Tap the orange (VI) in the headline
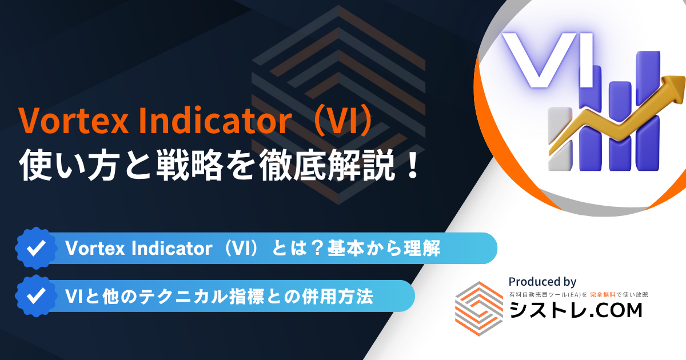point(344,120)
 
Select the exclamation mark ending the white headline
point(413,165)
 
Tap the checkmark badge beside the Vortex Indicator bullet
point(36,248)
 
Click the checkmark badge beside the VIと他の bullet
point(36,296)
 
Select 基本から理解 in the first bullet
point(384,248)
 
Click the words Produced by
point(543,282)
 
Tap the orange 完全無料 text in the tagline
point(603,295)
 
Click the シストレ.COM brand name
point(576,310)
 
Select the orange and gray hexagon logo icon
point(479,308)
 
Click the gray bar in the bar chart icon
point(560,139)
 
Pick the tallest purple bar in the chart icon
point(648,110)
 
